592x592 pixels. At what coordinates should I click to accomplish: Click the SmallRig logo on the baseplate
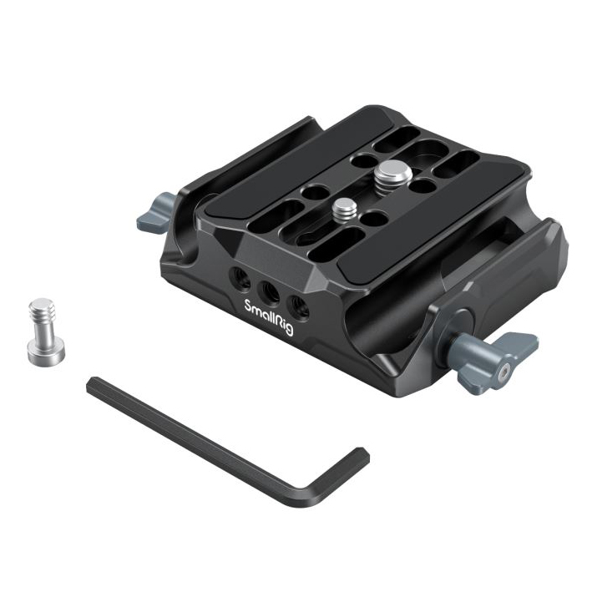268,316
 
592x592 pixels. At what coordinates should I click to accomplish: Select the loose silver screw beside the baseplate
46,327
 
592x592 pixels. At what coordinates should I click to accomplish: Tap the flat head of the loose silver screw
46,352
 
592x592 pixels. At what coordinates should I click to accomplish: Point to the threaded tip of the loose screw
42,308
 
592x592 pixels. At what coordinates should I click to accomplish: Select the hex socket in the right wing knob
503,375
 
